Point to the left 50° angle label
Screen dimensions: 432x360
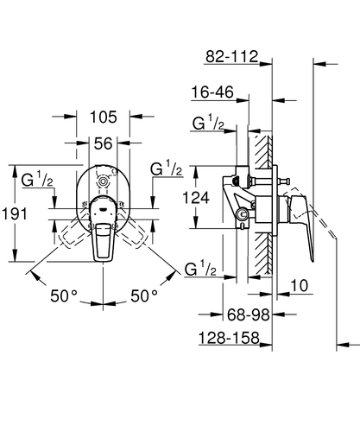[x=63, y=296]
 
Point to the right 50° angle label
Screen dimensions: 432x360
[x=144, y=296]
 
